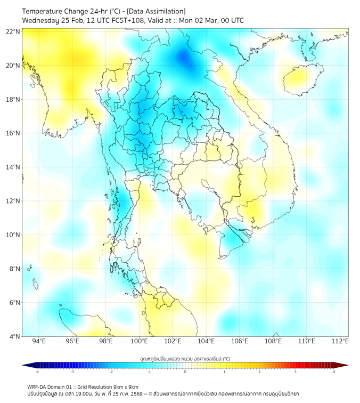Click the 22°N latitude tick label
pos(13,31)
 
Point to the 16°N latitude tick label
pos(13,133)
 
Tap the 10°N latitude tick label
pos(13,235)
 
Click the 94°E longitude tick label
pos(39,341)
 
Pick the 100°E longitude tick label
pos(139,341)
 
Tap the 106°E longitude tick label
pos(240,341)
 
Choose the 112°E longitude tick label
pos(340,341)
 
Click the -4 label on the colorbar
pos(37,372)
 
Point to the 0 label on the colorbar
pos(185,372)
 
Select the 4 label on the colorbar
pos(334,372)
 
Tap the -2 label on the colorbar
pos(111,372)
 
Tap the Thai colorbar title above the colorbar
pos(185,358)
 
